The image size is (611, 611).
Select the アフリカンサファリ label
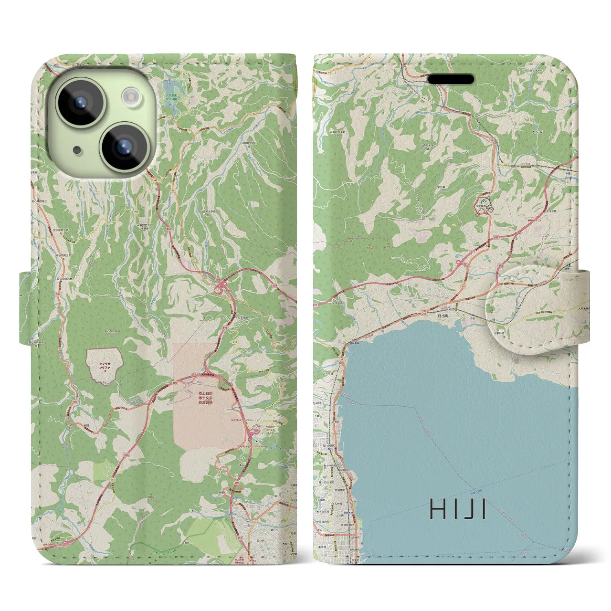coord(104,366)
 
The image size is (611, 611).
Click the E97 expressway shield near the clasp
coord(498,236)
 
